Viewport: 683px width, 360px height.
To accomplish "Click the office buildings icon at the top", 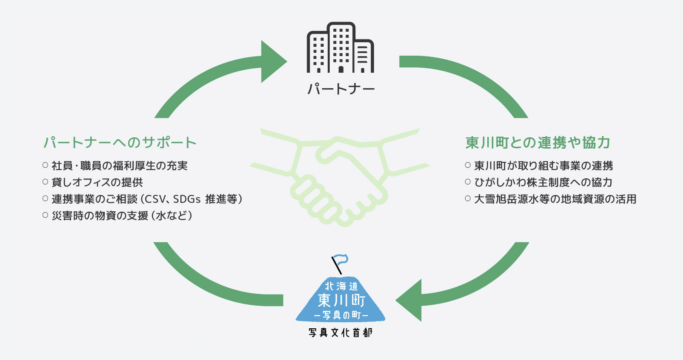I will click(340, 48).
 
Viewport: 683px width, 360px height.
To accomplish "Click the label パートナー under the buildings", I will click(341, 89).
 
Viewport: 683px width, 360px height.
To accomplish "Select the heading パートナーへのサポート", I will click(120, 143).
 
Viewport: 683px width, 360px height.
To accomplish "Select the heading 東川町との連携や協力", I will click(538, 143).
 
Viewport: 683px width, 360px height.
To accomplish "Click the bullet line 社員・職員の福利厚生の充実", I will click(119, 166).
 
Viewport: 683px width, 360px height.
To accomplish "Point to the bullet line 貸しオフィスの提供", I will click(97, 182).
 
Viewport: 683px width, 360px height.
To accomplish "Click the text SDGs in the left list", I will click(187, 199).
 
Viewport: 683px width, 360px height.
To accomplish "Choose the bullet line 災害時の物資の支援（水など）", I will click(122, 216).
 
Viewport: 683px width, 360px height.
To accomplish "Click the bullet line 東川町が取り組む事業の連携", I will click(543, 166).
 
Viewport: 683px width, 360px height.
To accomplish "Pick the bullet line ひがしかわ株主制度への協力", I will click(543, 182).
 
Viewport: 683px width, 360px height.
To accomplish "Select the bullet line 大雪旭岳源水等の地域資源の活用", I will click(555, 199).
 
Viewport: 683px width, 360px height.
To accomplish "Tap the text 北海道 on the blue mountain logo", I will click(341, 286).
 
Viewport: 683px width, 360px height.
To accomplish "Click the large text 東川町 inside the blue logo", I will click(341, 301).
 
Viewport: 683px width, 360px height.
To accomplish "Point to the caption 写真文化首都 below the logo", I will click(340, 333).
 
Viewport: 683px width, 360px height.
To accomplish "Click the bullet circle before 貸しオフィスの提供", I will click(45, 182).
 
